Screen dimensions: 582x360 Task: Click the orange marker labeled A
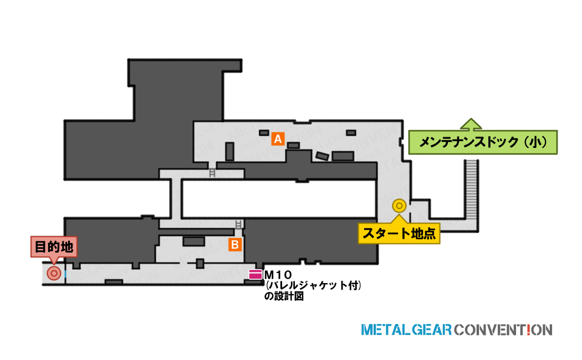[278, 138]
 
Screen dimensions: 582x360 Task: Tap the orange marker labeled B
[235, 245]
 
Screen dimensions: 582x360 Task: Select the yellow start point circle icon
[400, 205]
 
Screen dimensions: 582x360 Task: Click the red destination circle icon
[54, 274]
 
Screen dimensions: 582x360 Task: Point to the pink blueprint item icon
[256, 274]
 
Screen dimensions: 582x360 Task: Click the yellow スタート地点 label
[399, 233]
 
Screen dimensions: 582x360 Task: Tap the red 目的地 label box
[54, 246]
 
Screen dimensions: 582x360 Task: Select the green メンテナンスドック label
[483, 142]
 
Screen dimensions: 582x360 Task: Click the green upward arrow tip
[471, 119]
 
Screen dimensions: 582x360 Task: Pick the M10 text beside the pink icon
[278, 275]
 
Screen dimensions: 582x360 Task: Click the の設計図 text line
[284, 296]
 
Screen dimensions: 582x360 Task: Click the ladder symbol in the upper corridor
[212, 173]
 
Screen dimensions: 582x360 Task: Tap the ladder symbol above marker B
[238, 224]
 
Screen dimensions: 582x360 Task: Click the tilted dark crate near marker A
[322, 156]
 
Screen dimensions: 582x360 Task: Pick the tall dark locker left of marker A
[230, 151]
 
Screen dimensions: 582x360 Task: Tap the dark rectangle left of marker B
[194, 241]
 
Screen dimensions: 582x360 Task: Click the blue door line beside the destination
[65, 274]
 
